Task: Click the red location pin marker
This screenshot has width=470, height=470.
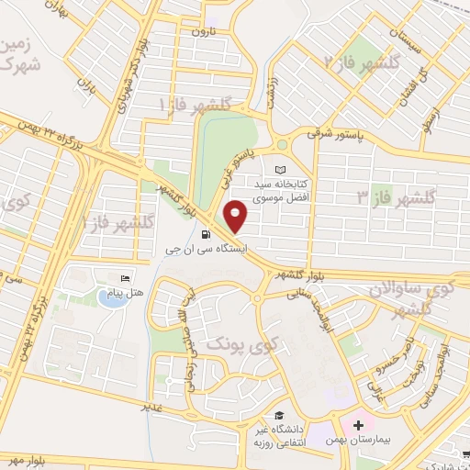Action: [x=237, y=217]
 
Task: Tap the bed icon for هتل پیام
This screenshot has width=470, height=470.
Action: [x=126, y=278]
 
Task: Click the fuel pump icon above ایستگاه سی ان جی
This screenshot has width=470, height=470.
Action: [x=193, y=234]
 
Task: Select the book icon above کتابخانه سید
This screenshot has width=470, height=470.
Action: [x=280, y=170]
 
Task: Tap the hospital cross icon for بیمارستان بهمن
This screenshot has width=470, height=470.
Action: [x=357, y=426]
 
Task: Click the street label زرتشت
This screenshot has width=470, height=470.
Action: [x=273, y=93]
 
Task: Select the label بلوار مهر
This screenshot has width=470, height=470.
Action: [x=27, y=458]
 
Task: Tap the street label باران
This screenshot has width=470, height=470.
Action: [x=87, y=92]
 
